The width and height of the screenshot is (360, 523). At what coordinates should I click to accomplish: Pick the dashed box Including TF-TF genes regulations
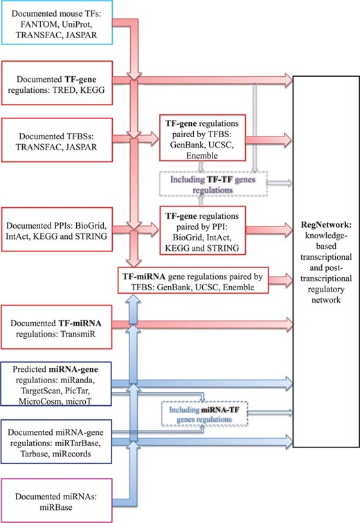click(x=211, y=184)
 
